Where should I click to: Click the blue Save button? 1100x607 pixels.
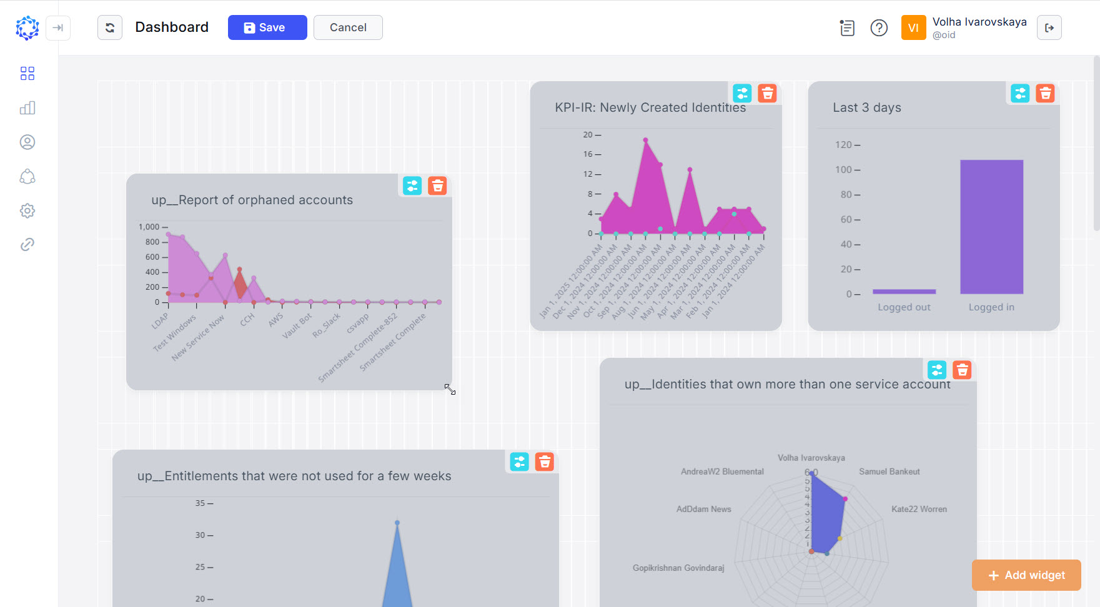tap(267, 27)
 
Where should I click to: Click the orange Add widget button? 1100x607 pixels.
tap(1026, 575)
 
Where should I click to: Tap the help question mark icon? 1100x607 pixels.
tap(878, 28)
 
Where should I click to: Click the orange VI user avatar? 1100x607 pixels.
tap(913, 28)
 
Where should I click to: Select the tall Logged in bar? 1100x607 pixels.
tap(991, 227)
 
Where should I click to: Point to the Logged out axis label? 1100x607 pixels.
tap(903, 307)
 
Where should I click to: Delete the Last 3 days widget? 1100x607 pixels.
tap(1044, 94)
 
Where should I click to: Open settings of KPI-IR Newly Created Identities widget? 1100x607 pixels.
tap(742, 94)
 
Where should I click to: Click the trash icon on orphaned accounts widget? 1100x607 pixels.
tap(437, 186)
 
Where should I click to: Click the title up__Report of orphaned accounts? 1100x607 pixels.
tap(252, 200)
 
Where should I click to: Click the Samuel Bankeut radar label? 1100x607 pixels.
tap(889, 471)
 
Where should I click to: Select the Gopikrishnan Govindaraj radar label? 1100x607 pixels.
tap(678, 568)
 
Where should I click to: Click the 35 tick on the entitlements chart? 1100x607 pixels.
tap(200, 503)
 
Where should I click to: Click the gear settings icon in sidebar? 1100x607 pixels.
tap(27, 210)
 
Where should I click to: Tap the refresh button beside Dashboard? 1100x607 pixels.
tap(110, 27)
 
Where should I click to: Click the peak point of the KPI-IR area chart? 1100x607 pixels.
tap(645, 140)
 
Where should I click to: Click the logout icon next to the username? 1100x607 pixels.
tap(1049, 28)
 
